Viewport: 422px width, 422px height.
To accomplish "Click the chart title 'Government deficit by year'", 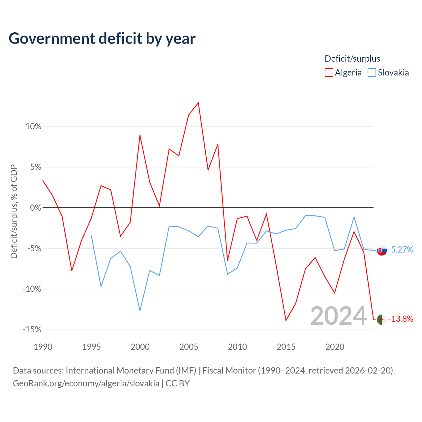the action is click(x=102, y=39).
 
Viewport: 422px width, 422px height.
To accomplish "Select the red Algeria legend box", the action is click(x=329, y=73).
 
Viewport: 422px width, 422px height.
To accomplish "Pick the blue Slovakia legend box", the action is click(x=372, y=73).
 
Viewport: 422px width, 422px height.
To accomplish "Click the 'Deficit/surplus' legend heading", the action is click(x=352, y=59).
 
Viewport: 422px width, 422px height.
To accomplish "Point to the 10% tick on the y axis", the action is click(x=33, y=126).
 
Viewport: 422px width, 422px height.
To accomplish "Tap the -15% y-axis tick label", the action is click(x=32, y=329).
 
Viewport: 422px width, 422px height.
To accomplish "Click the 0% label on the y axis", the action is click(x=36, y=207).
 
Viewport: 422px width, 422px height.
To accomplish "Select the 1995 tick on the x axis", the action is click(x=91, y=347).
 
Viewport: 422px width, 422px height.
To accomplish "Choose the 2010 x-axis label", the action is click(x=237, y=347).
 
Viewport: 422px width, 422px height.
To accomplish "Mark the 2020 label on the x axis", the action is click(x=335, y=347).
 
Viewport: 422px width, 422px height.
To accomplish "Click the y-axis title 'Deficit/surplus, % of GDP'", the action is click(x=14, y=212).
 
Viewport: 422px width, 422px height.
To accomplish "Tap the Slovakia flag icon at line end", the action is click(x=382, y=251).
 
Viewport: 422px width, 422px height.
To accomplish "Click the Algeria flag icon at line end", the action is click(x=382, y=320).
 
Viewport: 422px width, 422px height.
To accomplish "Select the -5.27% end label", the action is click(x=401, y=250).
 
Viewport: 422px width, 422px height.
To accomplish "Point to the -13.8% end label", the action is click(x=401, y=319).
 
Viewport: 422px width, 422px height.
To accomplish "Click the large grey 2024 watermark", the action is click(x=338, y=316).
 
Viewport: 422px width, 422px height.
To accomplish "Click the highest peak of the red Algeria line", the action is click(x=198, y=103).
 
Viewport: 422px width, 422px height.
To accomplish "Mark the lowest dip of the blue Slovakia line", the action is click(x=140, y=311).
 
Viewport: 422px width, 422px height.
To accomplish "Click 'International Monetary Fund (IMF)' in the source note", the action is click(x=131, y=371).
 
